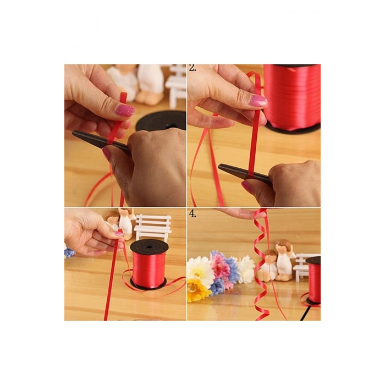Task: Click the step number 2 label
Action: [193, 68]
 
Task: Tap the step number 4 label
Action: [193, 214]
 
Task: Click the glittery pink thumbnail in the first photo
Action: [125, 110]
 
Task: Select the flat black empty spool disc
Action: [161, 121]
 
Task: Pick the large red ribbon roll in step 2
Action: [292, 97]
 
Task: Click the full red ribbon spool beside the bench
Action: [148, 265]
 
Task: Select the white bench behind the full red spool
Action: [153, 227]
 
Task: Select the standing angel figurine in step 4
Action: [285, 260]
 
